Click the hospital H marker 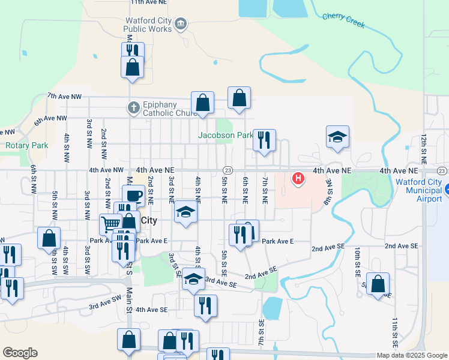297,178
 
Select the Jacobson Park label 225,136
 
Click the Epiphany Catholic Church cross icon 133,109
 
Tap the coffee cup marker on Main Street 134,195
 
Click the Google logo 20,353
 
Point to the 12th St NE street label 424,149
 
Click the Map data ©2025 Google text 412,355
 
